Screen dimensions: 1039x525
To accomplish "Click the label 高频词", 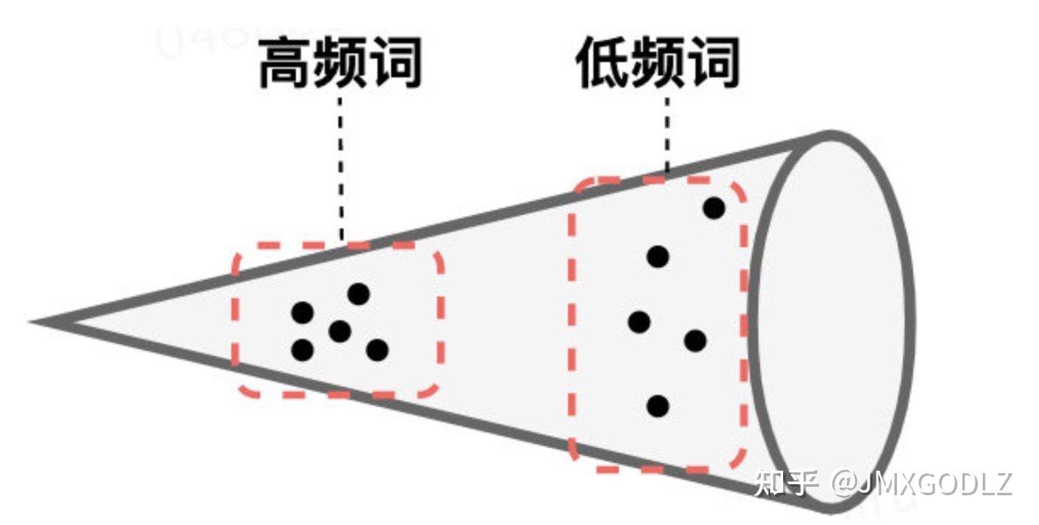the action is (x=340, y=64).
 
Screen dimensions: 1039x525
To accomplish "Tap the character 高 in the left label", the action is (x=286, y=64).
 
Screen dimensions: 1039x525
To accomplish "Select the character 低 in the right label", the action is (x=603, y=64).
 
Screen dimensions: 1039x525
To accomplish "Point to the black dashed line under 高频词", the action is (x=341, y=166).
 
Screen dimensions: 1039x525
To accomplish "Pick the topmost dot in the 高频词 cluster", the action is (x=359, y=294).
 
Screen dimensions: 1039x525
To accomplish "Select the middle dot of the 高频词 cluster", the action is (x=340, y=331).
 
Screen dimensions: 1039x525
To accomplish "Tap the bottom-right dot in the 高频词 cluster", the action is (x=378, y=349).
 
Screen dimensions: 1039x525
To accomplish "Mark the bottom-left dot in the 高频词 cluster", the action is (x=302, y=349).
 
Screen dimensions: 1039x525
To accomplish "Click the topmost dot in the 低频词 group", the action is (x=714, y=207).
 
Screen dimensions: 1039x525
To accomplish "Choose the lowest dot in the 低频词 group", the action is (x=657, y=406).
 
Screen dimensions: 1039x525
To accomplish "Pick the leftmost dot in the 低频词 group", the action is (x=639, y=322).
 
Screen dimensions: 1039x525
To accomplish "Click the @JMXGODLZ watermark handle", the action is (x=923, y=483).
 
